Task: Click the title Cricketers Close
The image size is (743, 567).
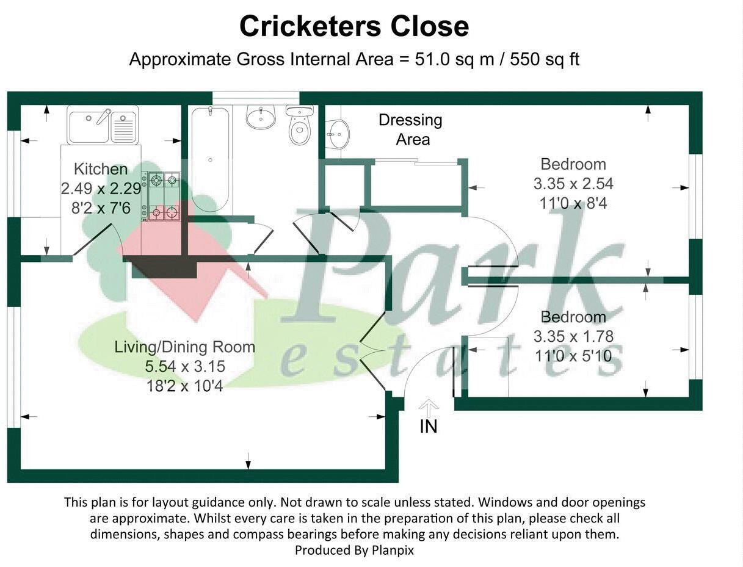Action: pos(354,26)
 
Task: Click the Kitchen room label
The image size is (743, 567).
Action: pos(101,169)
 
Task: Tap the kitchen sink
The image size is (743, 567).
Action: pos(89,126)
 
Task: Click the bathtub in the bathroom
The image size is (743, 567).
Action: pos(209,159)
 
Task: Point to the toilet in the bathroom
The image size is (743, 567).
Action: pos(299,126)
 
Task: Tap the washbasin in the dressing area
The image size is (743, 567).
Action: pos(337,132)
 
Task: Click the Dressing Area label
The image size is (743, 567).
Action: pos(411,129)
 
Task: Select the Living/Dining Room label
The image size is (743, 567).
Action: pos(184,347)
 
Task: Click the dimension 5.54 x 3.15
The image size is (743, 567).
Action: pos(184,366)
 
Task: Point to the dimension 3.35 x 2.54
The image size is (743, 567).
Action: pos(573,183)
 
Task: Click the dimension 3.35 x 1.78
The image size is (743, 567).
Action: pos(573,336)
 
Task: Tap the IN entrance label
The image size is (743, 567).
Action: pos(429,427)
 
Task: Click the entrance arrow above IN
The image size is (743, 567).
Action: pos(429,406)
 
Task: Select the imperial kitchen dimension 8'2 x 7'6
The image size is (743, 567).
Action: pos(101,208)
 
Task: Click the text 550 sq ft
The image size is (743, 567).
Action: pos(545,60)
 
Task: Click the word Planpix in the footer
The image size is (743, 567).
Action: pos(393,550)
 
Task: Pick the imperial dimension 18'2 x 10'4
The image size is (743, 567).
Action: pos(184,386)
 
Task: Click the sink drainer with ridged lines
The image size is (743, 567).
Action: pos(124,129)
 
